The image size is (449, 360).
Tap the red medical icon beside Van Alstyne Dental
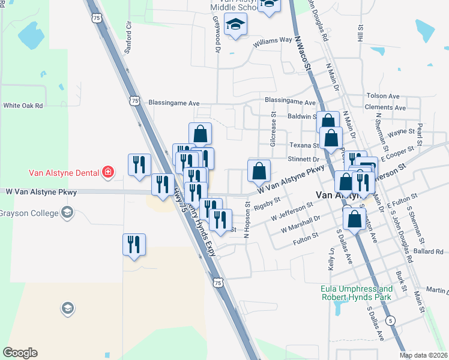[107, 173]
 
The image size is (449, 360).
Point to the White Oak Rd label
[23, 105]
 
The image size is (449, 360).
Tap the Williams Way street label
[272, 41]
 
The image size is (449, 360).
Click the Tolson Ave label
[383, 96]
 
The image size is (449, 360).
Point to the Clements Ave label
[385, 107]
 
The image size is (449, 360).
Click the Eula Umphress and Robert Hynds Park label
[356, 293]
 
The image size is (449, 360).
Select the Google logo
[20, 353]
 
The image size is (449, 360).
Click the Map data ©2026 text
[423, 355]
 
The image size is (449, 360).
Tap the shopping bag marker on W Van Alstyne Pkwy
[259, 170]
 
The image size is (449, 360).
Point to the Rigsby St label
[268, 204]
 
